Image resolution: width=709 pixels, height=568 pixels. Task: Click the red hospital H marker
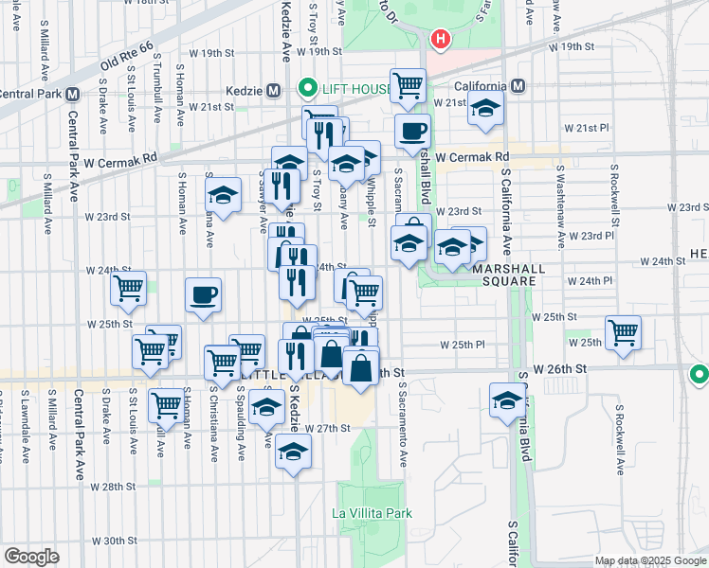(440, 39)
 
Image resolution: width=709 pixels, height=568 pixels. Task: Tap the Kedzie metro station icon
(274, 91)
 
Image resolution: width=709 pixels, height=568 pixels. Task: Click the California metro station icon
(518, 86)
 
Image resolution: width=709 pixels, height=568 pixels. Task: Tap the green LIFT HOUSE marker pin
(307, 90)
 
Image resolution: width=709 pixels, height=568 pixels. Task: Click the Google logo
(31, 556)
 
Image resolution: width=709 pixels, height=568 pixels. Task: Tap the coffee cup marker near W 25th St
(203, 295)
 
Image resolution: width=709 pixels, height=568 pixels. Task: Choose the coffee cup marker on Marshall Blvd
(412, 132)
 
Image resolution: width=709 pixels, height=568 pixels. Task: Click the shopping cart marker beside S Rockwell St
(623, 331)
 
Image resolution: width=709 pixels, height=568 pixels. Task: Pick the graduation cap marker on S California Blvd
(507, 400)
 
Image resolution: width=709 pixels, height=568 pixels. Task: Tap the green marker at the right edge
(700, 375)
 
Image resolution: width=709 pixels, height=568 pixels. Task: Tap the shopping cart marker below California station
(408, 86)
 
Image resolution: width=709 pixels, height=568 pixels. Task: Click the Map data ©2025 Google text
(651, 560)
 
